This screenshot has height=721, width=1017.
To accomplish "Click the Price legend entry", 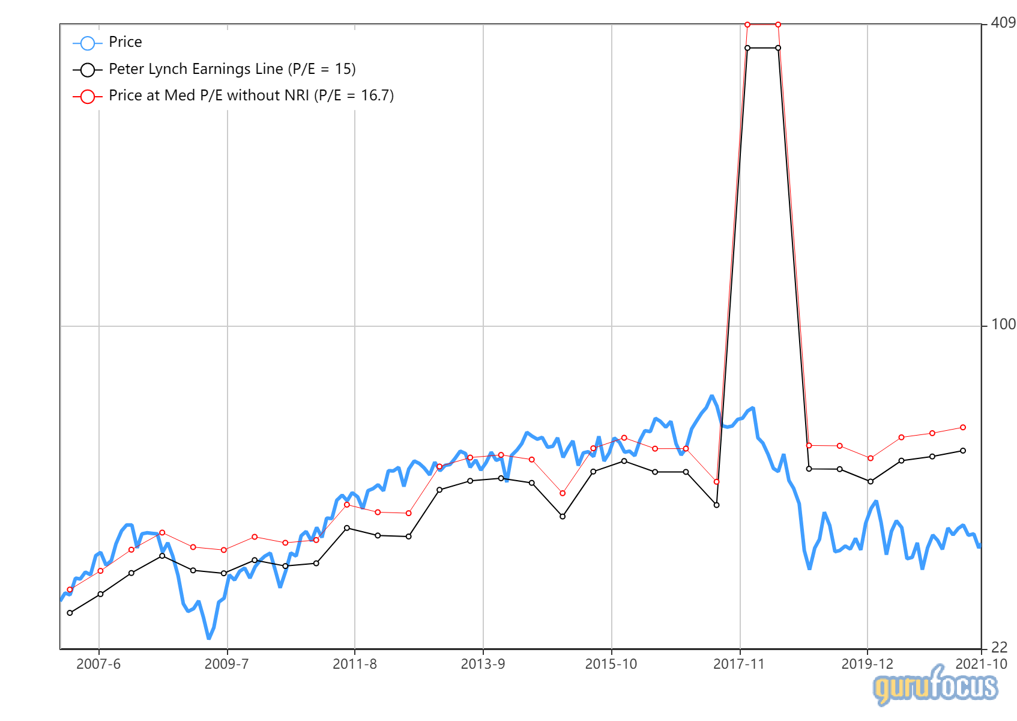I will click(125, 42).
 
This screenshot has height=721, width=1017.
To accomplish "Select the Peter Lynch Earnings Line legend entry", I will click(232, 69).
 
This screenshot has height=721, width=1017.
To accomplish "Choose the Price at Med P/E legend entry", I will click(251, 96).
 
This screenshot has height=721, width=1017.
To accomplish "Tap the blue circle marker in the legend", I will click(88, 43).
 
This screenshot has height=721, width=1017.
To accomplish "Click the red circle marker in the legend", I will click(88, 96).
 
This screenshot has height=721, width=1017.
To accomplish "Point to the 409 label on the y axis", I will click(1003, 23).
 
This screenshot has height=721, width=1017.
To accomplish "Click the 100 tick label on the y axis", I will click(1003, 324).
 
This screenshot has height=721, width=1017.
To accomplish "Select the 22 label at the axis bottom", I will click(999, 647).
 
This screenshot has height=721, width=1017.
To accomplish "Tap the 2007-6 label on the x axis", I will click(98, 664).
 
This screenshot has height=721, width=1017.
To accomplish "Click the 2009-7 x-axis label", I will click(226, 664).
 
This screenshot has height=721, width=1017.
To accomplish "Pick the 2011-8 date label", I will click(355, 664).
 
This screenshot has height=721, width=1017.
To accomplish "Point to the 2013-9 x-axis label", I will click(483, 664).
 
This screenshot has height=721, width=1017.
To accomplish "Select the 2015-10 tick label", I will click(611, 664).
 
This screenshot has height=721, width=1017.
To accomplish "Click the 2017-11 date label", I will click(739, 664).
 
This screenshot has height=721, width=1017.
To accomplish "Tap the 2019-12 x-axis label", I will click(867, 664).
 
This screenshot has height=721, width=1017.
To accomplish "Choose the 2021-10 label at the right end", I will click(981, 664).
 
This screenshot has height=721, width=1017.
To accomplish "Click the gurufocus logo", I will click(935, 686).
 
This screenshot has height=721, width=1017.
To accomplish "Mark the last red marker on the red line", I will click(963, 427).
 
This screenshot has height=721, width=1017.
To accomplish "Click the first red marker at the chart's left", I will click(70, 589).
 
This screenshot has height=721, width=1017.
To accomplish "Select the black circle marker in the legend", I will click(88, 70).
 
